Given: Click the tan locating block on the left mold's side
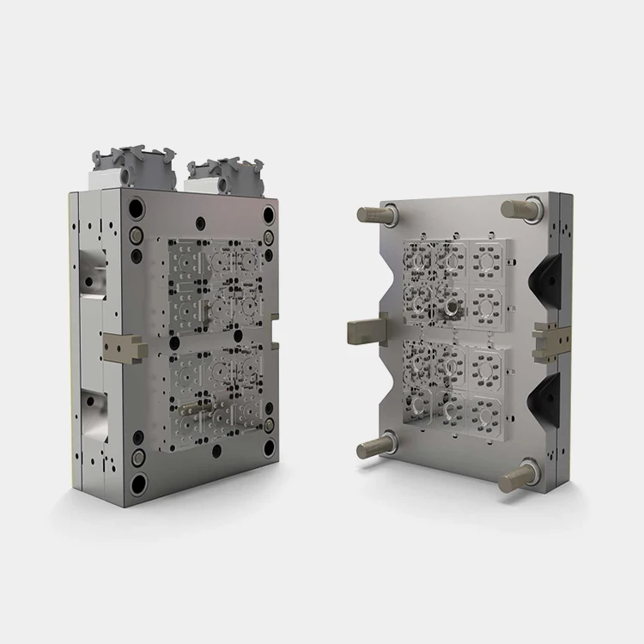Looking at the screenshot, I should (121, 348).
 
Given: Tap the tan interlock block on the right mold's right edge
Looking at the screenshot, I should (550, 337).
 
